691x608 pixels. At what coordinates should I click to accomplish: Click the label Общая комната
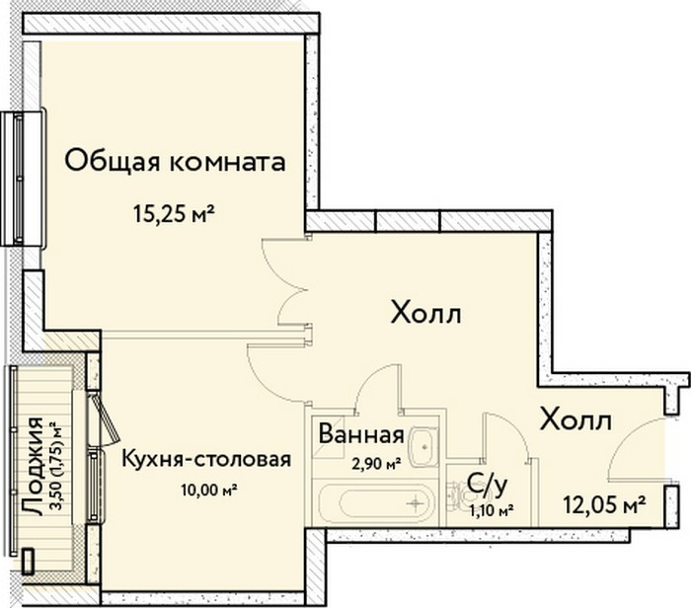coord(175,162)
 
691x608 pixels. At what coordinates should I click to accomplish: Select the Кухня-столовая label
coord(206,460)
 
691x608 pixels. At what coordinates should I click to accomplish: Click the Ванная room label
coord(361,434)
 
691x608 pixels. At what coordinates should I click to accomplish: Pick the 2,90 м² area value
coord(376,464)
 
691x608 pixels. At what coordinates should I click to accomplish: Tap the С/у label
coord(487,486)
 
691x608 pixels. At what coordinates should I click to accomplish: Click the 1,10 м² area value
coord(492,511)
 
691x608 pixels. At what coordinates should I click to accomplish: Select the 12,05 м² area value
coord(604,505)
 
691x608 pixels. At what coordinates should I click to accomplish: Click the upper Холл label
coord(426,315)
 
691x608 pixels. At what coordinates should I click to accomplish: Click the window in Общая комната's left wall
coord(22,179)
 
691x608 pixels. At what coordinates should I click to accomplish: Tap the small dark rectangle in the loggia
coord(28,561)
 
